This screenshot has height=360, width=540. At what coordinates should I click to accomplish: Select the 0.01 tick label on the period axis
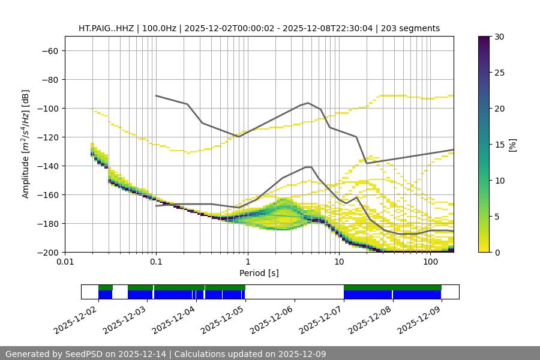65,262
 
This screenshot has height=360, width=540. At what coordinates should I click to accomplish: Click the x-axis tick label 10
339,262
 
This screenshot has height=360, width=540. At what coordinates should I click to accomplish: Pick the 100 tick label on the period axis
430,262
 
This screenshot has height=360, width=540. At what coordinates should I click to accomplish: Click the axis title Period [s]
259,273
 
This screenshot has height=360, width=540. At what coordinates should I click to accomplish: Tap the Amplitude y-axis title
26,144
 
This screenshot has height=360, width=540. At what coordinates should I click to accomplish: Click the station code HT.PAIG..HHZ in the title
106,28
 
